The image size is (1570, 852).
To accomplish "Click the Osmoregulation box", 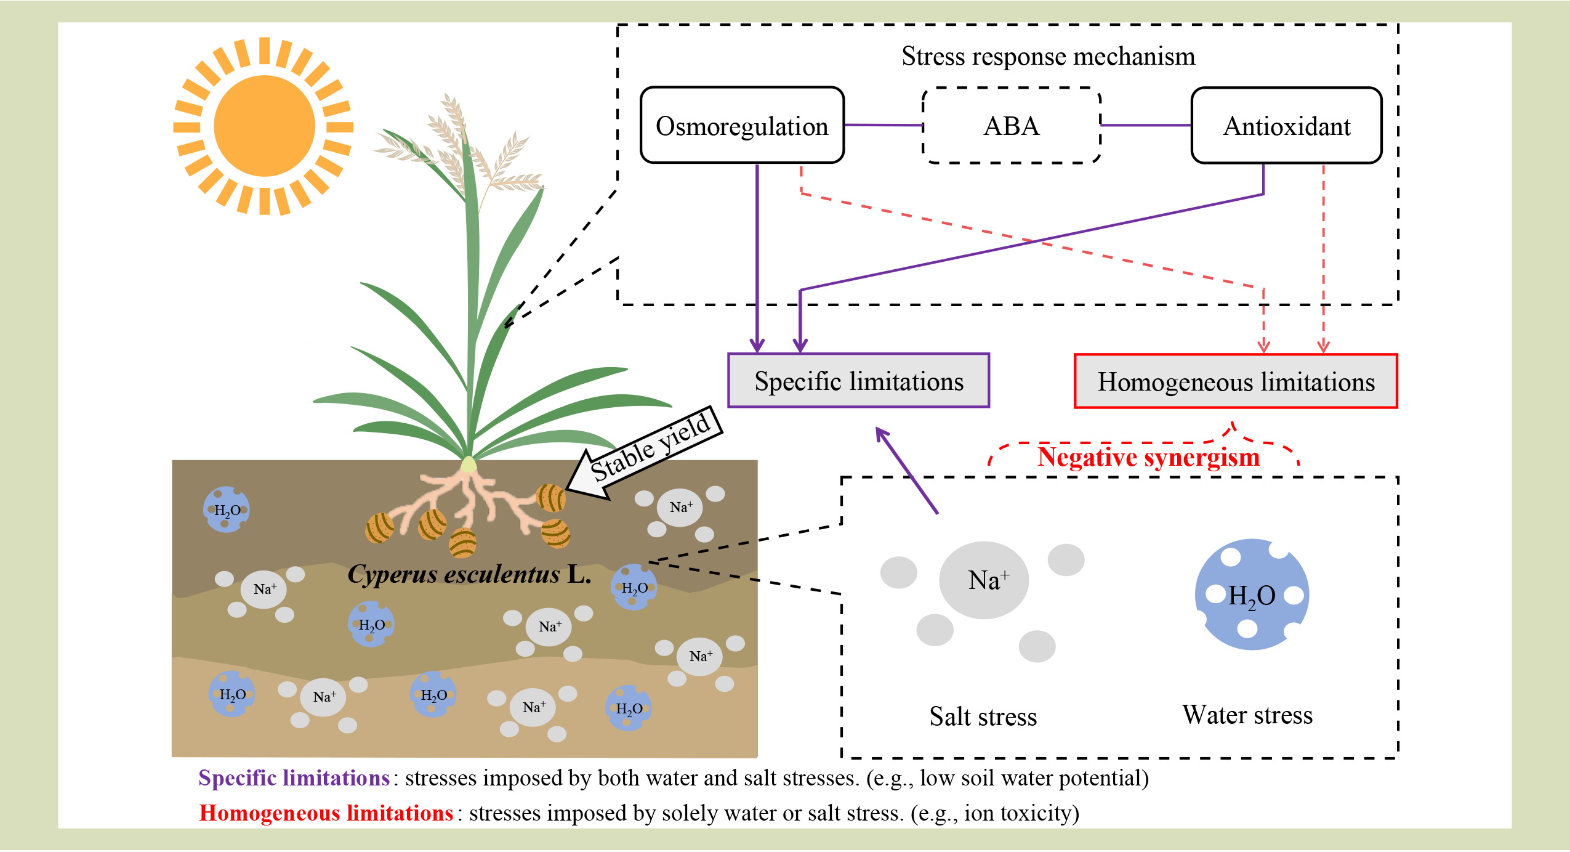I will (742, 126).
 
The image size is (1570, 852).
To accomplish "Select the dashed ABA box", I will (1011, 126).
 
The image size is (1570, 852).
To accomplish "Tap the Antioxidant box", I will (1286, 126).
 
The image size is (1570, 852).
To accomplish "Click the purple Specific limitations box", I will (858, 381).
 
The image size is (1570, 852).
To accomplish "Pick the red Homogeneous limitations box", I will (1236, 381).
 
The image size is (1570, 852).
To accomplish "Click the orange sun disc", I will (264, 126).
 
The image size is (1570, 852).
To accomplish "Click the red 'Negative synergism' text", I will (1148, 456).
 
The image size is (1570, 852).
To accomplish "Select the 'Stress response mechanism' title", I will (1048, 56).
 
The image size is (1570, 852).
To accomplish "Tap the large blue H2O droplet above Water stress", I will (1252, 594).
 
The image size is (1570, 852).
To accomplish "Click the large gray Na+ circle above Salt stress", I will (984, 580).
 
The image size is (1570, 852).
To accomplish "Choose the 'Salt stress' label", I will (983, 716).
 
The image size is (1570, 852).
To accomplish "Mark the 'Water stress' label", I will (1247, 715).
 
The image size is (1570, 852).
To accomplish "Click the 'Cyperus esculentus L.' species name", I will (469, 574).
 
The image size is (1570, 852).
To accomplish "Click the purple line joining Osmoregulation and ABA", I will (883, 125).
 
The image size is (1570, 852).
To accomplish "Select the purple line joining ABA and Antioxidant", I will (1146, 125).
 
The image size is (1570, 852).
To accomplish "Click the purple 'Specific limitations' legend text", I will (294, 778).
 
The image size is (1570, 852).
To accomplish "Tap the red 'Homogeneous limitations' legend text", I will (326, 813).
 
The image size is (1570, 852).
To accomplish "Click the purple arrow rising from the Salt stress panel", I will (906, 470).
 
